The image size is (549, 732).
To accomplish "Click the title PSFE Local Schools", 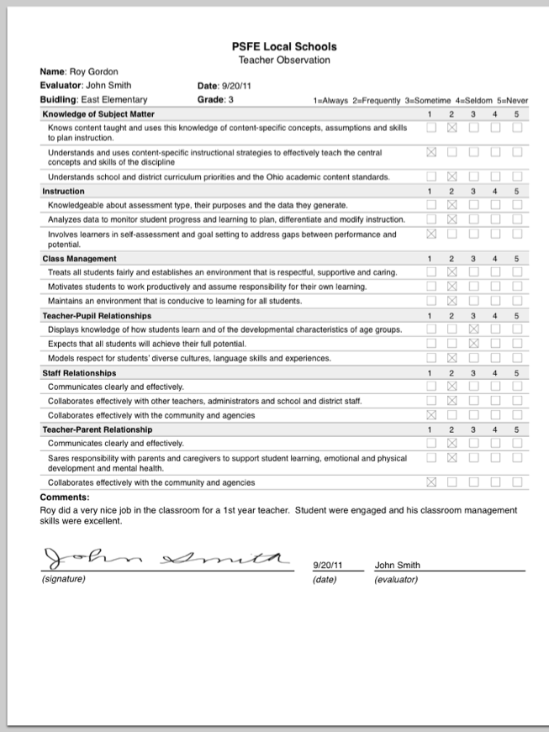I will [283, 47].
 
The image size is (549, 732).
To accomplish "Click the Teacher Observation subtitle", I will [283, 60].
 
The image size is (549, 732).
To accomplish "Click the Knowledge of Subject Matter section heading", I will [98, 114].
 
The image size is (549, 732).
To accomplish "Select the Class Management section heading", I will [79, 258].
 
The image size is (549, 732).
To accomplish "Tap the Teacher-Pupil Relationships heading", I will [97, 315].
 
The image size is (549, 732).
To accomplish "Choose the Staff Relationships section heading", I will [79, 372].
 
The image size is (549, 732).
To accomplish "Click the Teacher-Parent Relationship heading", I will [98, 429].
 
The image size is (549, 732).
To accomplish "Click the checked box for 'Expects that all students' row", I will [473, 344].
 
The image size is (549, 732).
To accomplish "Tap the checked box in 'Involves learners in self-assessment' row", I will [431, 234].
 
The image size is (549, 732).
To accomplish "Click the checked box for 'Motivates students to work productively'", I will [452, 287].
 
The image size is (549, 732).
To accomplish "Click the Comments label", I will [59, 498].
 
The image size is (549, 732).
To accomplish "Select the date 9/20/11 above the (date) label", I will [327, 566].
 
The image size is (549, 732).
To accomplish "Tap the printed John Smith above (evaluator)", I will [397, 566].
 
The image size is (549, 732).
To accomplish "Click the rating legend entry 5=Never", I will [511, 101].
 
